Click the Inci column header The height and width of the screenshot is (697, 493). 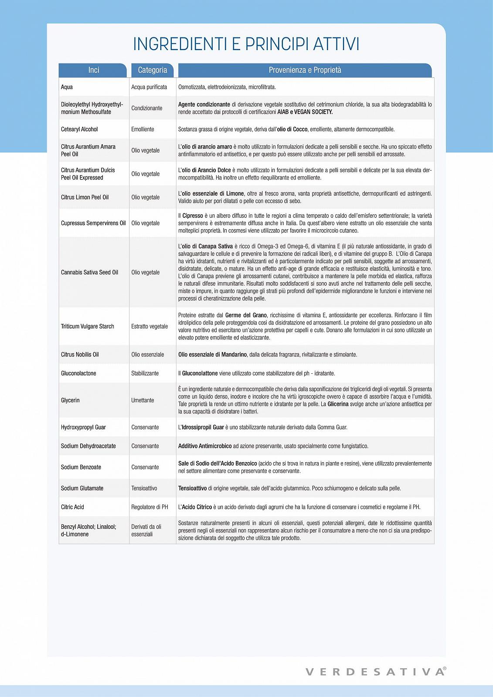(93, 70)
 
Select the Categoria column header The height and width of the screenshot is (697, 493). (152, 70)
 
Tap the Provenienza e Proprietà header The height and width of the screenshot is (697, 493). (305, 70)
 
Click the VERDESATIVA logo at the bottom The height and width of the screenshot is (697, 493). (375, 672)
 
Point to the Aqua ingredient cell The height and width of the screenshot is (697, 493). (67, 87)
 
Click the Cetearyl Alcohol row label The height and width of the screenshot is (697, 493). (79, 129)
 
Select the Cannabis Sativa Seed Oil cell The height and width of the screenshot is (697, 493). (89, 273)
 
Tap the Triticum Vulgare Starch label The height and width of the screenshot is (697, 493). (87, 327)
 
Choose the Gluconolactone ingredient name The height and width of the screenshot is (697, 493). (78, 373)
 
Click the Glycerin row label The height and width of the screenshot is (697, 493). (70, 400)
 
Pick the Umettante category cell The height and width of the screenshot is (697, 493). (143, 400)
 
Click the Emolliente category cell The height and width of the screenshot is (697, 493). (143, 129)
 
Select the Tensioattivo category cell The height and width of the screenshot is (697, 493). (144, 488)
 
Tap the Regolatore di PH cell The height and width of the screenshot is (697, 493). (150, 507)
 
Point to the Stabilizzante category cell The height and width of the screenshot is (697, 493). (145, 373)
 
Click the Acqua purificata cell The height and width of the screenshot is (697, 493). (149, 87)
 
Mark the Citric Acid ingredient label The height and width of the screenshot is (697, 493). (72, 507)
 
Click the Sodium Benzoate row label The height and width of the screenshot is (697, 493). (81, 467)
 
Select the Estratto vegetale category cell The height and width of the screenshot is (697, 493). (150, 327)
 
